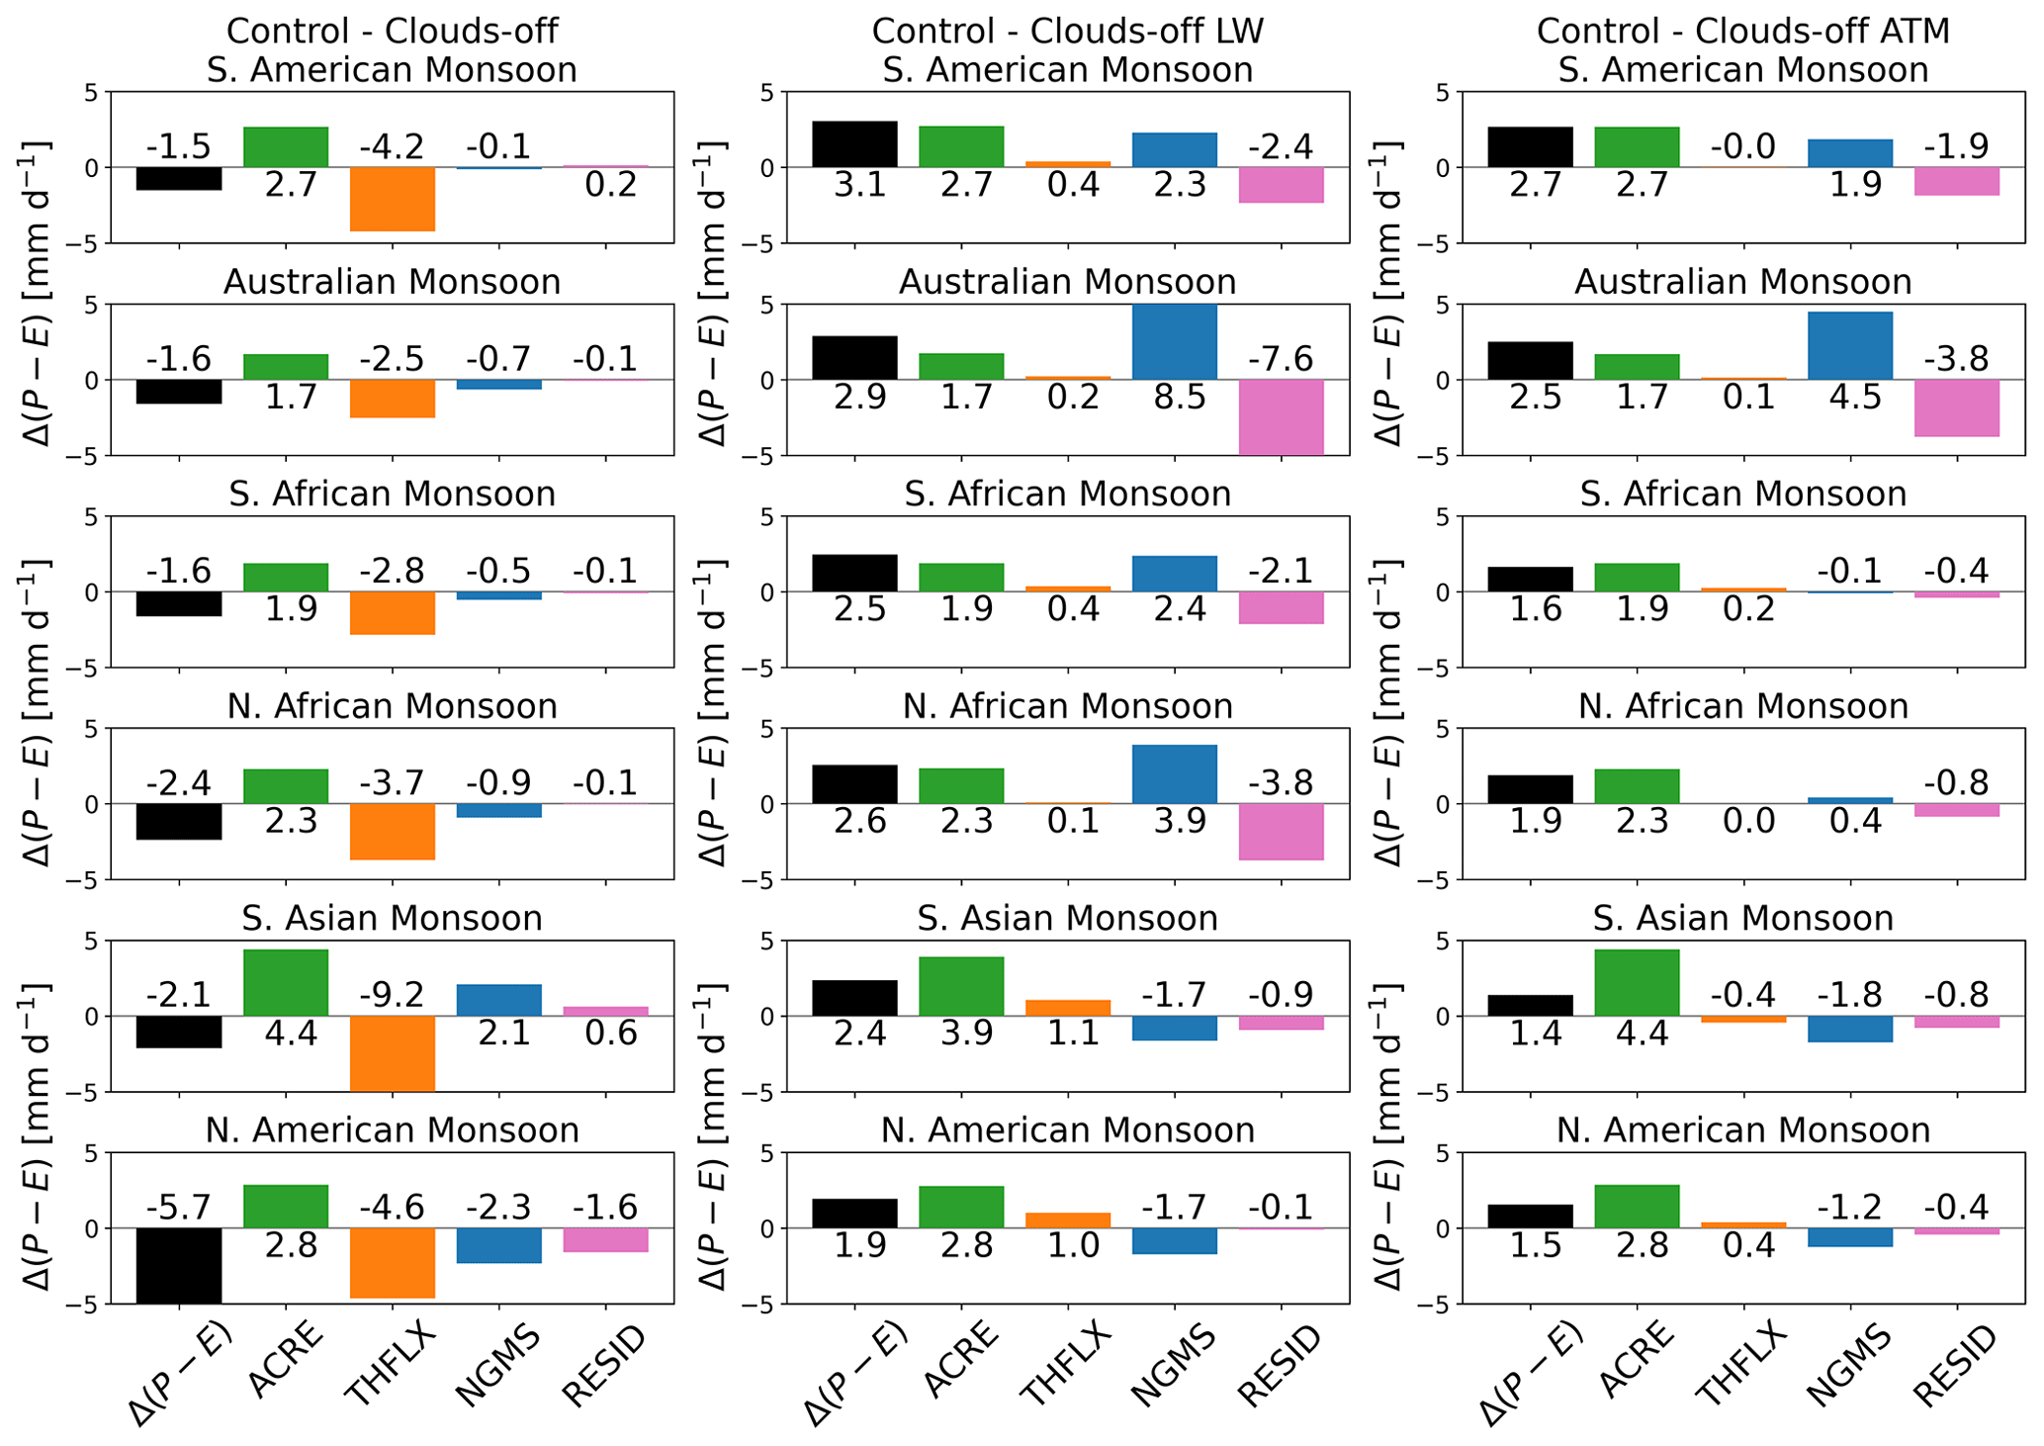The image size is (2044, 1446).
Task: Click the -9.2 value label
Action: click(393, 995)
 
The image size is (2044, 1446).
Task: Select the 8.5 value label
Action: click(1174, 398)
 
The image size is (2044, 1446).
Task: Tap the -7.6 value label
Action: click(1281, 359)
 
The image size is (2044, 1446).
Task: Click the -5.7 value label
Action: click(179, 1208)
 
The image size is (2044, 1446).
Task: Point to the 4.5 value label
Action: click(1849, 398)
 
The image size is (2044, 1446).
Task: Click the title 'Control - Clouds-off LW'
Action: click(1067, 31)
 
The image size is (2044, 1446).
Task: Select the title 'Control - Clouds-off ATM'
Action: click(1742, 31)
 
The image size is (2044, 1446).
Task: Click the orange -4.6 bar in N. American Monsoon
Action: click(393, 1262)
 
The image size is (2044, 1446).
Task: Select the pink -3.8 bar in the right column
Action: click(1957, 407)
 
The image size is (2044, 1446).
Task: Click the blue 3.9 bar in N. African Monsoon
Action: click(1174, 773)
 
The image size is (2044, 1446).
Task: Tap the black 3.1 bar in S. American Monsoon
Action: click(854, 144)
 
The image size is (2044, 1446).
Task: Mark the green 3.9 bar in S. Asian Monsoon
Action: click(961, 986)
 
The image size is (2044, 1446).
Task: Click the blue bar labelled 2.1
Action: click(499, 1000)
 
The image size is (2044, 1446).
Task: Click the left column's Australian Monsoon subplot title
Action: click(392, 283)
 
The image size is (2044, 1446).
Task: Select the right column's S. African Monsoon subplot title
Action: click(1742, 495)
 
